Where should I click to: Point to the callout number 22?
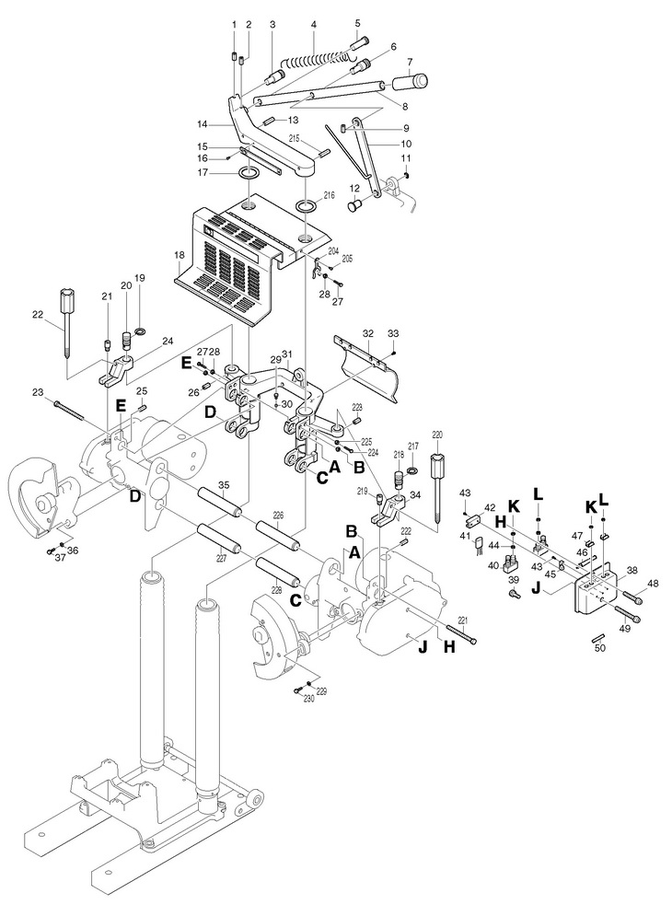pos(38,315)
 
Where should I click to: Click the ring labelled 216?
pos(307,207)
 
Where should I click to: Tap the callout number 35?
pos(224,485)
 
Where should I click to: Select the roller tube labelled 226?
pos(279,536)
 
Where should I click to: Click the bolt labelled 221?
pos(460,635)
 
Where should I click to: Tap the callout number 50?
pos(600,647)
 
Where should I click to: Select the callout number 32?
pos(367,333)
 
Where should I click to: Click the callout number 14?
pos(203,124)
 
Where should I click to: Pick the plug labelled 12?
pos(355,205)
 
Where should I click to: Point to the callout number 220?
pos(437,435)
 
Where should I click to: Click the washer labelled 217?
pos(412,470)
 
